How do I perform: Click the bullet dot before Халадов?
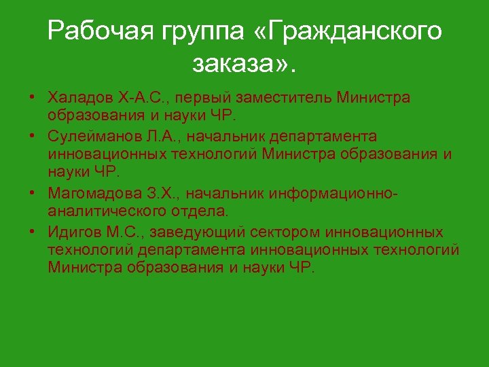point(33,97)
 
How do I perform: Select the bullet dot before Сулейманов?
point(33,138)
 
